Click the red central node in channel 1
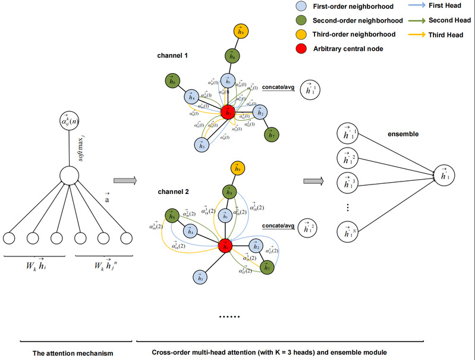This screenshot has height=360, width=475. coord(227,111)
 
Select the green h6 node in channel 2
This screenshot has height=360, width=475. coord(173,215)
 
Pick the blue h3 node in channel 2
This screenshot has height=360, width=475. coord(202,276)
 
